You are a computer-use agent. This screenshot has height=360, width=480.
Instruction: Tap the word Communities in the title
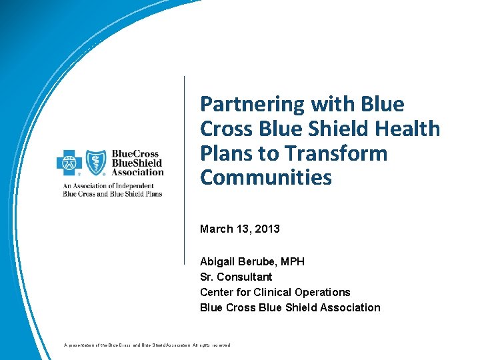[265, 178]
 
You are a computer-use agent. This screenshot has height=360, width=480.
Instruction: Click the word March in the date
[215, 229]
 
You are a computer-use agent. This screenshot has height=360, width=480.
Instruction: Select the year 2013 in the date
[267, 229]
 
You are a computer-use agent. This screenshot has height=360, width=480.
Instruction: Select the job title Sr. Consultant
[236, 277]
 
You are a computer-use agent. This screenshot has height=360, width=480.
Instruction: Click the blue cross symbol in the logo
[69, 162]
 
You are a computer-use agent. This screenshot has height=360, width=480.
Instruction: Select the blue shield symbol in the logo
[95, 162]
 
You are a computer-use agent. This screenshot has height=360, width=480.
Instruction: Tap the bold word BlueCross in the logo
[137, 153]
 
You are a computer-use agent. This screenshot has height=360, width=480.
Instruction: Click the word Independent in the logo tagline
[140, 185]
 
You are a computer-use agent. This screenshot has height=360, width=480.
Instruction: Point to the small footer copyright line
[147, 345]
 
